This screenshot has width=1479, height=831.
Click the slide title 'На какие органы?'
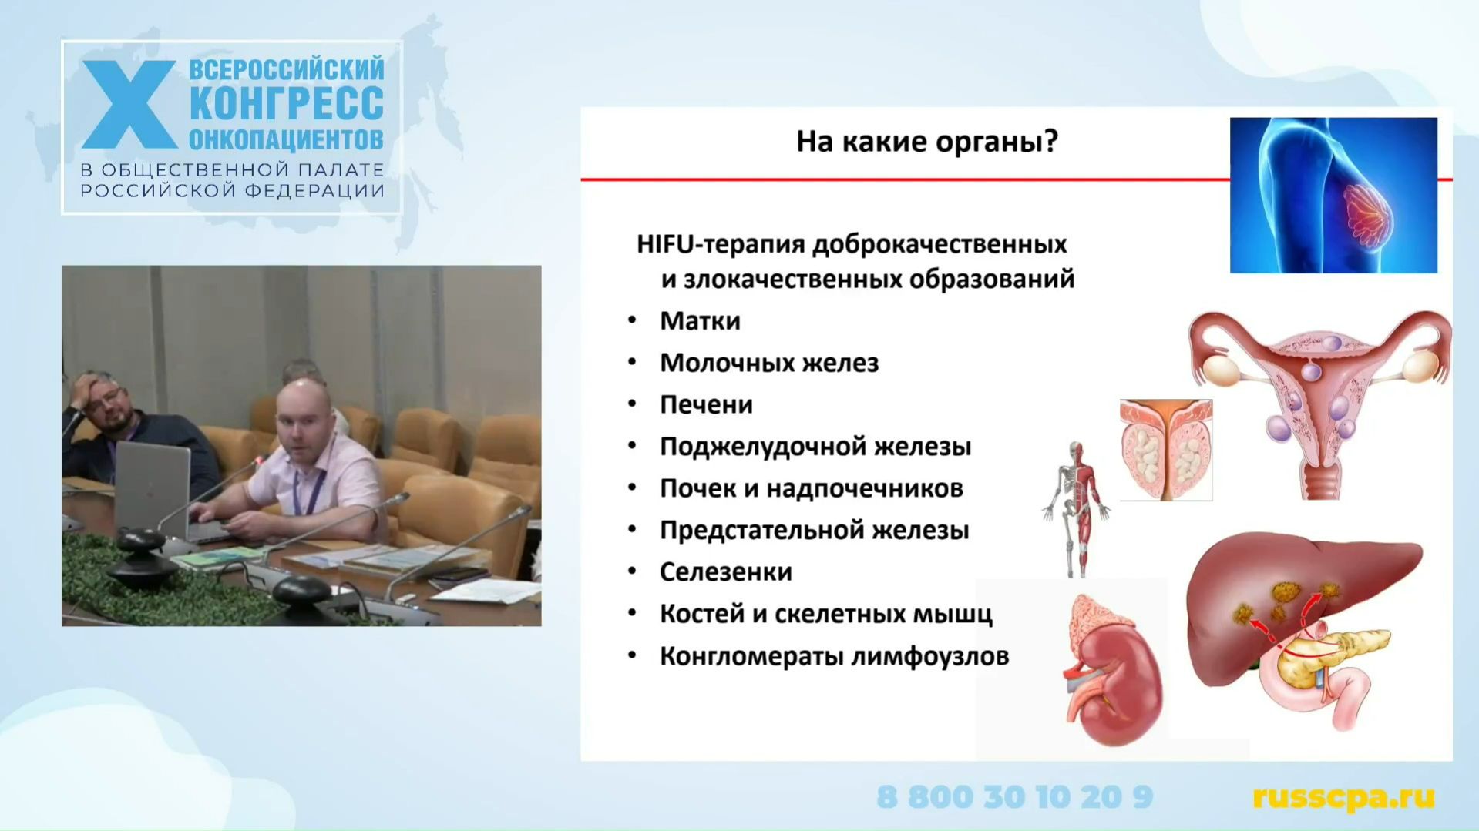(x=926, y=142)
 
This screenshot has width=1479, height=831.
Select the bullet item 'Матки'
(x=700, y=320)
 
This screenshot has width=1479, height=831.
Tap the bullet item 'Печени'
(x=706, y=404)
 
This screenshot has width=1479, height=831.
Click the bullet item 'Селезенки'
(x=725, y=571)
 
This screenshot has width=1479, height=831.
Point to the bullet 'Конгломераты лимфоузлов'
(x=834, y=656)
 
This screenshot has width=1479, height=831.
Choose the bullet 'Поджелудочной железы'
(x=815, y=447)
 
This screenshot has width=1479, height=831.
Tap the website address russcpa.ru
(x=1343, y=797)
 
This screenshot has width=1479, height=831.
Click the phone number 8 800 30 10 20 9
(x=1014, y=797)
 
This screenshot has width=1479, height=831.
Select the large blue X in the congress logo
(x=129, y=105)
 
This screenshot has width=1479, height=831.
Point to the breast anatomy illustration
(x=1333, y=195)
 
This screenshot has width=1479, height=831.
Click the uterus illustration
(x=1319, y=400)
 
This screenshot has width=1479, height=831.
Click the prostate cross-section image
(x=1165, y=450)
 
